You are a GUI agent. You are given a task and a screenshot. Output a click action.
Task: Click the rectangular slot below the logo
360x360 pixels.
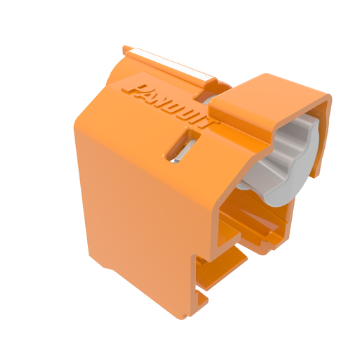click(181, 146)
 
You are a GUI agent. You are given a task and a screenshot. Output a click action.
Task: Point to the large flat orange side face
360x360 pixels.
click(141, 211)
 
